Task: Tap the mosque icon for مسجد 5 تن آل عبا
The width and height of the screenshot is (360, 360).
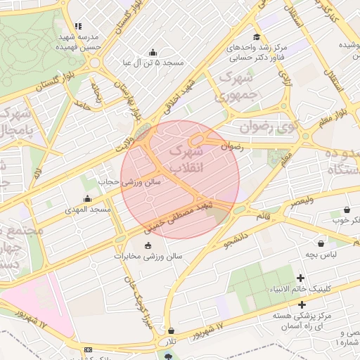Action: [x=153, y=52]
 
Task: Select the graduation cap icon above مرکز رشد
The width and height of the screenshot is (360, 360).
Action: [x=257, y=37]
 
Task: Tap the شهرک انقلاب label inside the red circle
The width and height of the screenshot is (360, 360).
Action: [x=185, y=160]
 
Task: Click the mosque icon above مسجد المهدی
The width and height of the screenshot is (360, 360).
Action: [x=87, y=199]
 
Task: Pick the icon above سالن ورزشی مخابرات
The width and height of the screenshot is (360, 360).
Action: [x=147, y=245]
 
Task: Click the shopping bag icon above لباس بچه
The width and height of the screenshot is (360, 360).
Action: [x=321, y=243]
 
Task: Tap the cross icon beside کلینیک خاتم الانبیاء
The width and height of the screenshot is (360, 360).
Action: [x=302, y=279]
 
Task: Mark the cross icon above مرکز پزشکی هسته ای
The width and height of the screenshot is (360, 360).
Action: [x=302, y=304]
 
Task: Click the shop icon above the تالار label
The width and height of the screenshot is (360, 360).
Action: [x=171, y=330]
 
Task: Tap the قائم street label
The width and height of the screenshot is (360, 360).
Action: [x=263, y=216]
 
